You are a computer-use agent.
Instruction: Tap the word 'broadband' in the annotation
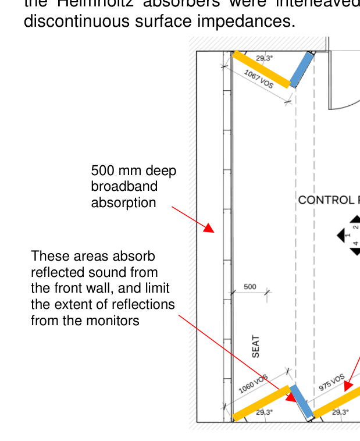124,187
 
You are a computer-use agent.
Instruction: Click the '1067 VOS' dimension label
258,79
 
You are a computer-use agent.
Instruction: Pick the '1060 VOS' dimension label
254,385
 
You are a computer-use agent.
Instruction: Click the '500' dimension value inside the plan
250,287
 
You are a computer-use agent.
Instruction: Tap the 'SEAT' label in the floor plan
256,346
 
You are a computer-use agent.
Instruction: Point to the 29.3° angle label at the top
264,58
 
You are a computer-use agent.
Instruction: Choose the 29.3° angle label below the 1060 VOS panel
264,412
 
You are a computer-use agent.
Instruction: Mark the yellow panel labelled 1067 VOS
261,69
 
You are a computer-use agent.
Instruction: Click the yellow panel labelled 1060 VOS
261,403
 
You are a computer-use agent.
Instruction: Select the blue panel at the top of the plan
302,70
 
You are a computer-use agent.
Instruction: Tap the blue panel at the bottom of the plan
302,401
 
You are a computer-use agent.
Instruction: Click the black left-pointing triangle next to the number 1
341,236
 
